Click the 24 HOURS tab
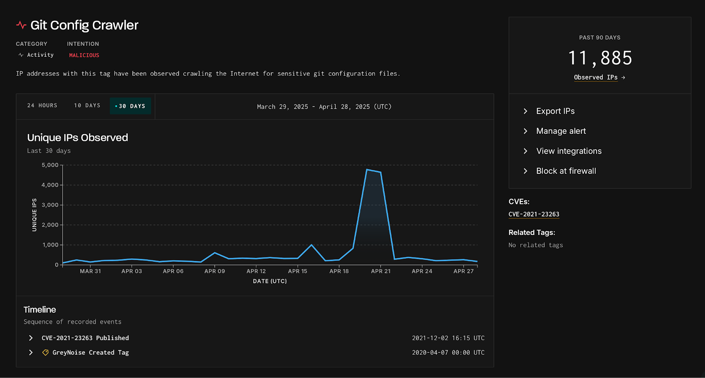coord(42,106)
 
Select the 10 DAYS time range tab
coord(87,106)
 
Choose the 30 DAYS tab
coord(131,106)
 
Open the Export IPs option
coord(555,111)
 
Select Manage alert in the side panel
coord(560,131)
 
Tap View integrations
coord(568,151)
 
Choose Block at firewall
coord(566,171)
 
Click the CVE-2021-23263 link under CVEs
coord(534,214)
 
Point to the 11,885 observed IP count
coord(600,58)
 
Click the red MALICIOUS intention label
coord(84,55)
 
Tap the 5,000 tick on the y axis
coord(50,165)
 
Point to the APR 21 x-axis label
coord(381,271)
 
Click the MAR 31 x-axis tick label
coord(90,271)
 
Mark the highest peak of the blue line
coord(367,169)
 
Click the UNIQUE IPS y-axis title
coord(34,215)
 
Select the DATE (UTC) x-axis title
coord(270,281)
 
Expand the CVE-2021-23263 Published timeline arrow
coord(31,338)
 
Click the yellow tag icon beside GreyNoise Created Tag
coord(45,352)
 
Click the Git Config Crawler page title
coord(84,26)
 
